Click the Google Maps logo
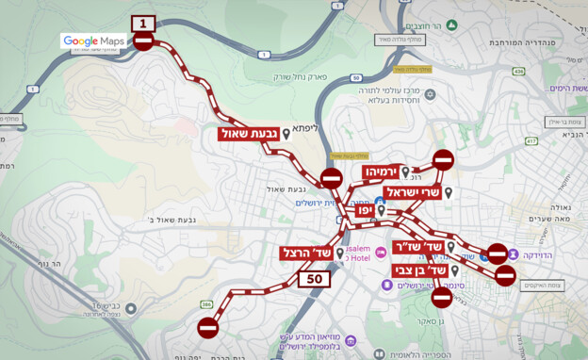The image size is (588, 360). pos(93,41)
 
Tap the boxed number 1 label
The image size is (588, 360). pos(143,23)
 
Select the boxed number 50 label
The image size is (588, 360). pos(315,278)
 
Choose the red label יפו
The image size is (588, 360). pos(364,212)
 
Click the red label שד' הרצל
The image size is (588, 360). pos(306,254)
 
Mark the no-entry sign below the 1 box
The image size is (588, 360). pos(143,41)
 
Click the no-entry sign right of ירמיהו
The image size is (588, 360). pos(443,159)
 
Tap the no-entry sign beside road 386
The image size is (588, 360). pos(208,327)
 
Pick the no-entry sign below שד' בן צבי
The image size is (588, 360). pos(441,297)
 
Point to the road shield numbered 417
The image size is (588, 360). pos(531,141)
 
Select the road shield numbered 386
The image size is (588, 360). pos(207,304)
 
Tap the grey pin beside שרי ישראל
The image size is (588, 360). pos(449,193)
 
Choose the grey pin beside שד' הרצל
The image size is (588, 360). pos(339,254)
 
